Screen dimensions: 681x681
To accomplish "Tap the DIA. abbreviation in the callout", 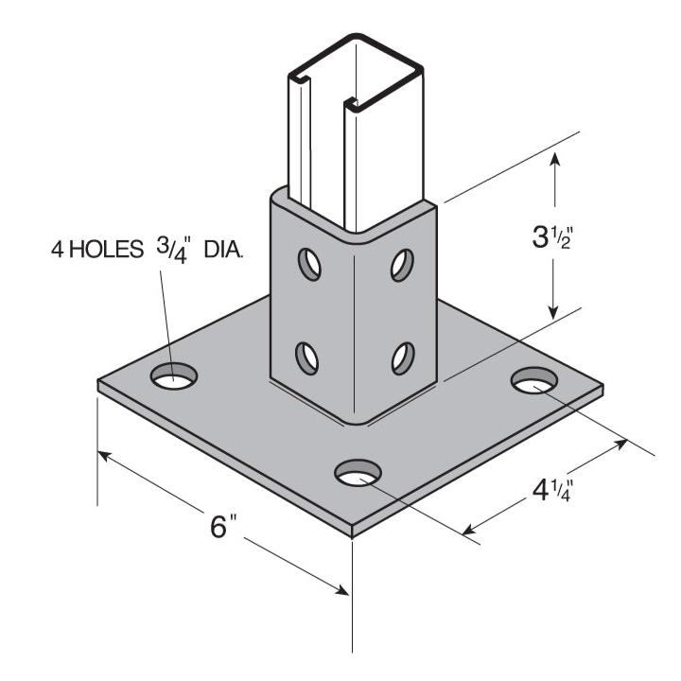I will pyautogui.click(x=220, y=252).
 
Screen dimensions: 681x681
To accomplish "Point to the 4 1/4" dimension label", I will pyautogui.click(x=549, y=492).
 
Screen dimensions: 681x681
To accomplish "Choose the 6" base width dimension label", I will pyautogui.click(x=221, y=526).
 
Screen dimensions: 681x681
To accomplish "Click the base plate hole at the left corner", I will pyautogui.click(x=175, y=377).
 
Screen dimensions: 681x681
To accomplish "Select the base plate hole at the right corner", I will pyautogui.click(x=535, y=381).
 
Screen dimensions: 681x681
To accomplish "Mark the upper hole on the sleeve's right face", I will pyautogui.click(x=401, y=265).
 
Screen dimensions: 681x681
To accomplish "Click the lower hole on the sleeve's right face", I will pyautogui.click(x=401, y=358).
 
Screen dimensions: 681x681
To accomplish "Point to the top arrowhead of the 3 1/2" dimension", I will pyautogui.click(x=555, y=160).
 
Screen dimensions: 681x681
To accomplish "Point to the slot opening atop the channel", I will pyautogui.click(x=326, y=89).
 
